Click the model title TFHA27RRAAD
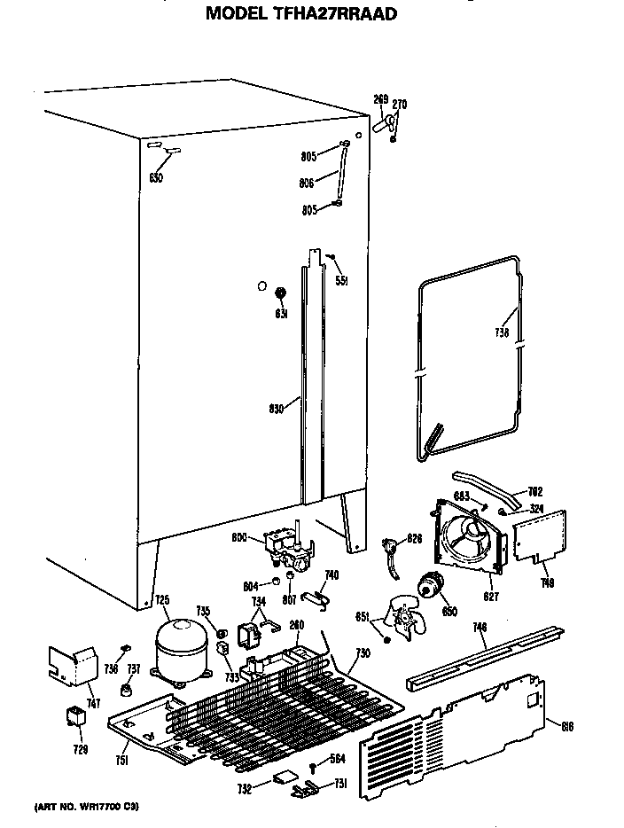coord(301,13)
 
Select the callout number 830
coord(276,409)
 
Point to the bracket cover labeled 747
coord(73,665)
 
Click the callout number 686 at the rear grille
coord(568,727)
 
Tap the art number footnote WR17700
coord(87,807)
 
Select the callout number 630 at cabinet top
coord(156,178)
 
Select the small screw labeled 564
coord(314,767)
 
